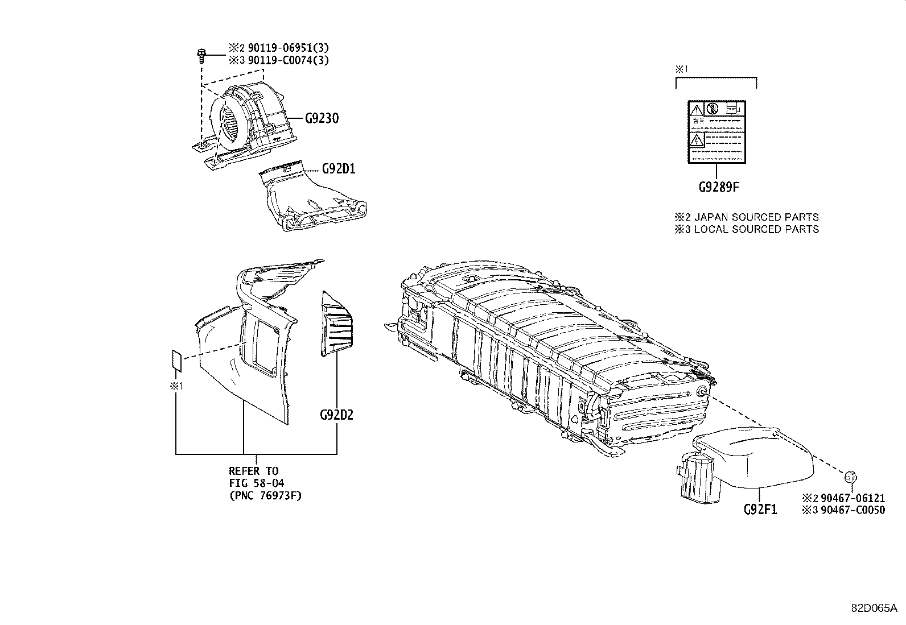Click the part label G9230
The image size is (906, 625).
[322, 119]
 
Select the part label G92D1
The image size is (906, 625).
[338, 169]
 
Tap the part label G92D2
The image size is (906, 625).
[336, 415]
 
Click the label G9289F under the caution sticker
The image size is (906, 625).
[719, 187]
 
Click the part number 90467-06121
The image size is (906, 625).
[853, 498]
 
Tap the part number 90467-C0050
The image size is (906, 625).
[853, 510]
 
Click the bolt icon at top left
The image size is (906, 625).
[201, 55]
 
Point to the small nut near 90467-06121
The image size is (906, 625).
[851, 477]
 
